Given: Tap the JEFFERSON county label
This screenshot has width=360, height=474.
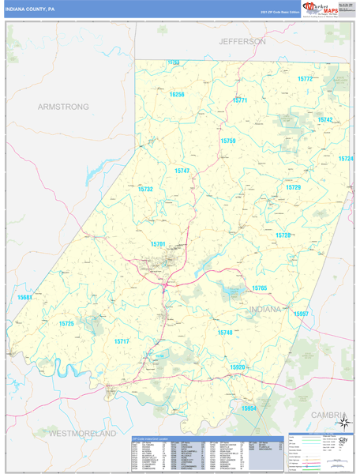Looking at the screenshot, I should [243, 40].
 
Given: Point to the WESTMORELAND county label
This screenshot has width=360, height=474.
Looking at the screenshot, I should [82, 434].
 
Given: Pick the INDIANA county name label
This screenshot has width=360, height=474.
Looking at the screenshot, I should [264, 310].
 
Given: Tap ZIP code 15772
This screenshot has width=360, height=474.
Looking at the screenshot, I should [306, 79].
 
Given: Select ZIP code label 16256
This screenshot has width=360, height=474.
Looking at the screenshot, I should [177, 94].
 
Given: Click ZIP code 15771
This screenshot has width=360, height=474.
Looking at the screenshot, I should [240, 100].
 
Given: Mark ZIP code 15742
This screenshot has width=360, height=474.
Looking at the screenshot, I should [325, 119].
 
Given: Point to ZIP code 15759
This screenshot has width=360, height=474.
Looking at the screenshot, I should [228, 141].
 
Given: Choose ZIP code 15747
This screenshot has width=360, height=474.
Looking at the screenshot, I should [182, 171].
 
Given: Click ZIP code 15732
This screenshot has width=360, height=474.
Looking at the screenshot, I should [145, 190].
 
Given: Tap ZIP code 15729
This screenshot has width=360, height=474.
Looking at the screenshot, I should [293, 187].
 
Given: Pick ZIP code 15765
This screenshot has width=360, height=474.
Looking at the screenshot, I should [260, 288].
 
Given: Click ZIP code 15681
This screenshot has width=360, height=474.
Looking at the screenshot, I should [24, 297].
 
